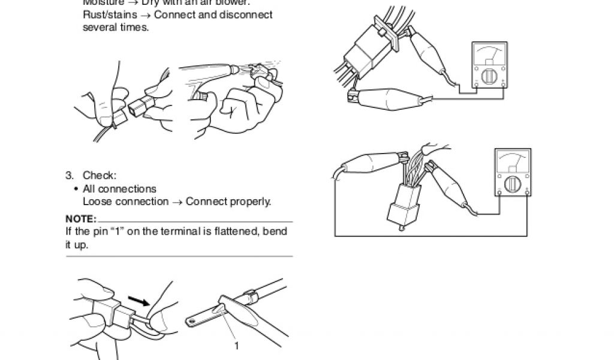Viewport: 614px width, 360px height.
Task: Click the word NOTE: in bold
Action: [x=81, y=218]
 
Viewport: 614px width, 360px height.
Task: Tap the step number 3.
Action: [x=69, y=176]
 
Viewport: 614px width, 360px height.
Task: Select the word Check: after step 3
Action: [x=100, y=176]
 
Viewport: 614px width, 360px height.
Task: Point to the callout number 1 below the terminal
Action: [x=236, y=346]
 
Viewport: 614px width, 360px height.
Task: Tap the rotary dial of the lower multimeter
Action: [x=513, y=183]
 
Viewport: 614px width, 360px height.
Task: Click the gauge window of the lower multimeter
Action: [x=513, y=161]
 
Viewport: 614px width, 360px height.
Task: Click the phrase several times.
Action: [x=115, y=28]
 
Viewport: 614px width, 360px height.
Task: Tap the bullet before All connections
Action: [x=76, y=189]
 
